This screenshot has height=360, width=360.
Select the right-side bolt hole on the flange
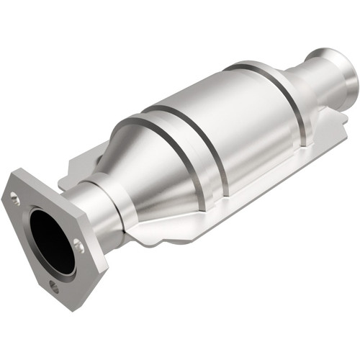(x=79, y=247)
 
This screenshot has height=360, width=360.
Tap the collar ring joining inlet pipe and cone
(x=115, y=202)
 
